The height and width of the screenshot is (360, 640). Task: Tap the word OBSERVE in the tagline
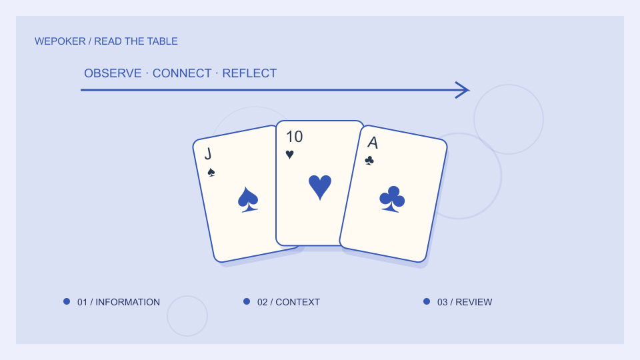click(x=113, y=73)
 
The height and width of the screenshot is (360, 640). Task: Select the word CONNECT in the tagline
click(x=182, y=73)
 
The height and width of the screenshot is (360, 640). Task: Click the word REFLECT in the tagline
click(x=249, y=73)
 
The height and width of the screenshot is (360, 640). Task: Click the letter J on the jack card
click(x=208, y=154)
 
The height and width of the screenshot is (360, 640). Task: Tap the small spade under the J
click(x=211, y=172)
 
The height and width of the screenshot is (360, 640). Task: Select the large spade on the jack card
click(x=248, y=199)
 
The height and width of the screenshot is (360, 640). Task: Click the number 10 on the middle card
click(x=294, y=137)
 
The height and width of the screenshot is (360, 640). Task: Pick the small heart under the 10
click(x=290, y=154)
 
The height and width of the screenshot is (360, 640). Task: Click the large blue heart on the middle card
click(x=320, y=187)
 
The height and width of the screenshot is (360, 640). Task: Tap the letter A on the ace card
click(x=373, y=143)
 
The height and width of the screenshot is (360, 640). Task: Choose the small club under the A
click(x=369, y=161)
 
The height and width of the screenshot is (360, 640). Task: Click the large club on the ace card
click(x=392, y=199)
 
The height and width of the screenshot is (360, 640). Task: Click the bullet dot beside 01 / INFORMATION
click(x=67, y=301)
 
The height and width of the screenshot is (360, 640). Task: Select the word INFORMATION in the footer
click(x=128, y=302)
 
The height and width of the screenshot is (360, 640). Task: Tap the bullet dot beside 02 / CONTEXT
click(x=247, y=301)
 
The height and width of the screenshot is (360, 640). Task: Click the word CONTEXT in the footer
click(x=297, y=302)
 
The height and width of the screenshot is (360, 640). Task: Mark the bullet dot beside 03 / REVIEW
click(x=427, y=301)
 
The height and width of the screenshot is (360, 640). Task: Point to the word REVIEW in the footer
click(x=474, y=302)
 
